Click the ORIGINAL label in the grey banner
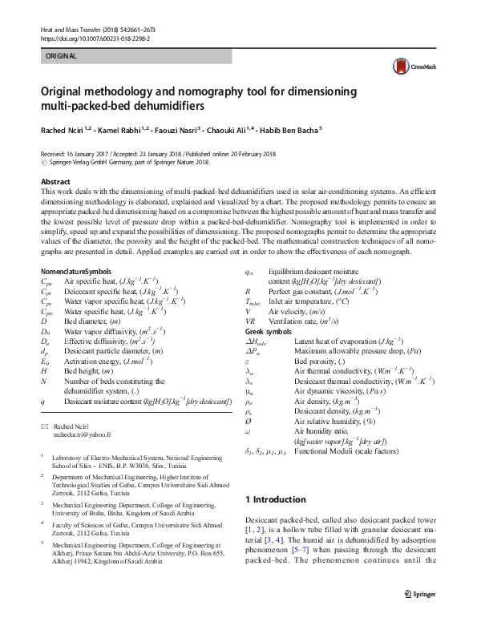coord(60,57)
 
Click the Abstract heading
coord(55,183)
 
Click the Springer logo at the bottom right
coord(419,616)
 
